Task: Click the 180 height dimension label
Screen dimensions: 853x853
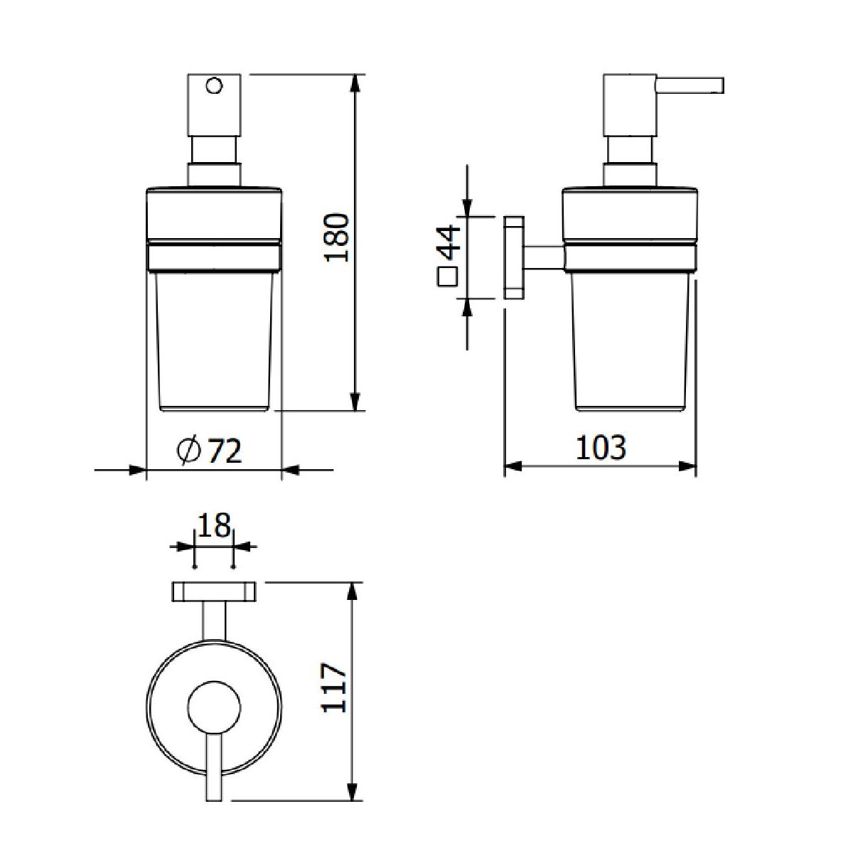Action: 338,237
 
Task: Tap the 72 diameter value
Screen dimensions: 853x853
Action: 224,451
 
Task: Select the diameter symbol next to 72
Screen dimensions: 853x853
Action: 189,451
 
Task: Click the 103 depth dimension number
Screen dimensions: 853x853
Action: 601,448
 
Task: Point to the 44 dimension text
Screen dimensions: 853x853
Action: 449,242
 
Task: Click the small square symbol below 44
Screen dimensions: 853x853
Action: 447,277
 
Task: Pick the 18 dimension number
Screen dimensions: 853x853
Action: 214,525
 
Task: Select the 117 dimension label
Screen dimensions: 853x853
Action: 334,694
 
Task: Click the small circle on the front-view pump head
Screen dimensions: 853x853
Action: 214,85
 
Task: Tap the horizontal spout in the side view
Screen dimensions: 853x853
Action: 690,85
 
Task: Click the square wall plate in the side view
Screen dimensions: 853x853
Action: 514,257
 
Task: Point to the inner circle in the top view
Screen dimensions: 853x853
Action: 215,706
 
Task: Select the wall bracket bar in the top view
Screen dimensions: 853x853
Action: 214,592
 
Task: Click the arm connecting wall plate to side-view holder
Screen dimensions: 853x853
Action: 544,257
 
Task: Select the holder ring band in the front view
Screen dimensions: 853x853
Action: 214,257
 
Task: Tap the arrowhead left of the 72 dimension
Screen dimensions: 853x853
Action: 137,470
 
